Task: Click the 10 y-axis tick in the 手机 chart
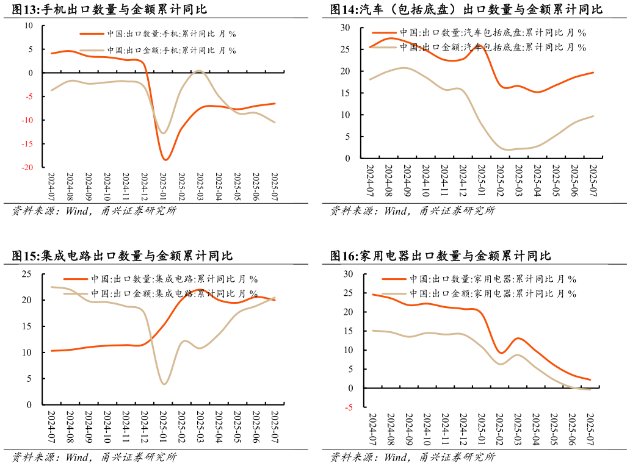click(x=29, y=26)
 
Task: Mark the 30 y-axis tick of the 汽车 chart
click(x=345, y=28)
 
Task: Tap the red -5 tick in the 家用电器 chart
click(x=348, y=407)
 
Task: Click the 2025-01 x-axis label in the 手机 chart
click(x=163, y=187)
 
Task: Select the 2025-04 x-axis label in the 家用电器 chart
click(x=535, y=429)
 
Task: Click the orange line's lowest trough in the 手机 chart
click(x=165, y=160)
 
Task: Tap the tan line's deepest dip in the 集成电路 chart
click(x=164, y=384)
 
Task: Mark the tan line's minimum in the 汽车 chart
click(x=509, y=149)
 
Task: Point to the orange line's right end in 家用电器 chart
click(x=590, y=380)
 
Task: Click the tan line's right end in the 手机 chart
click(x=275, y=123)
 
